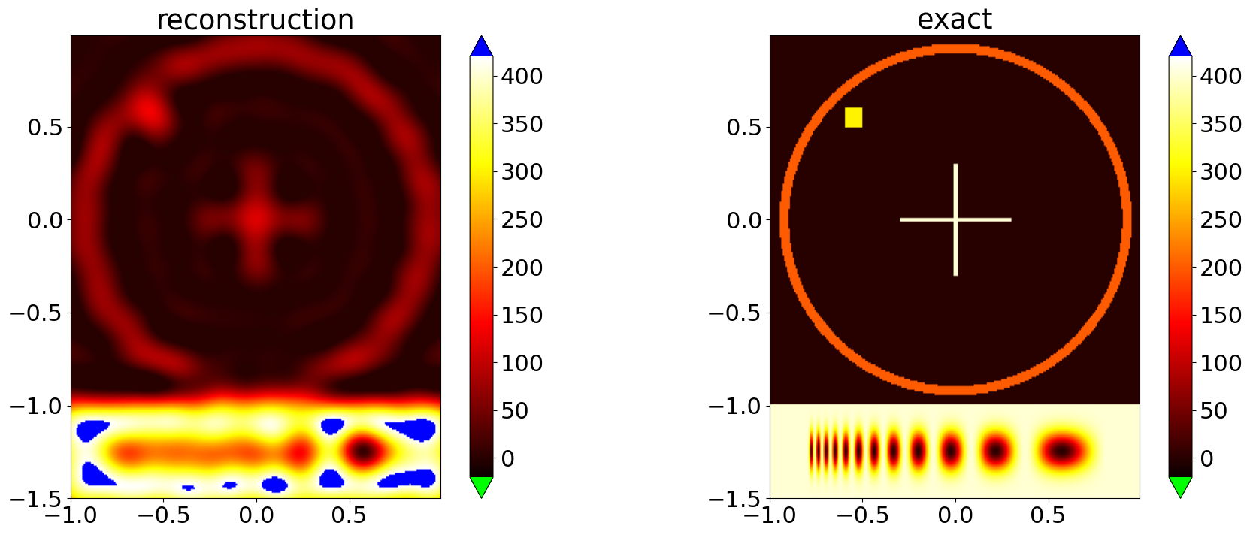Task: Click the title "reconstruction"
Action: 255,19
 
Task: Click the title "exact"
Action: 954,19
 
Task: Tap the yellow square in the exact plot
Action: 853,117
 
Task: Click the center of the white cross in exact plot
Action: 955,219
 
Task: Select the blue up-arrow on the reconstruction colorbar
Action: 481,47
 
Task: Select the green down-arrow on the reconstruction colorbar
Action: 481,486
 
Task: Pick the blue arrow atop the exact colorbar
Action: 1180,47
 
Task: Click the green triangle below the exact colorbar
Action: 1180,486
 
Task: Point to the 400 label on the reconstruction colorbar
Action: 522,76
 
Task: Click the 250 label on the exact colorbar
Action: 1221,219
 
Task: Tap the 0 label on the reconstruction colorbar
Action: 508,458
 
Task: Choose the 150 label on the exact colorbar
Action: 1221,315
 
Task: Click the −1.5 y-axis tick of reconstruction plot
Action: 37,499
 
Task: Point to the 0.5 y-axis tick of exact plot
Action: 743,127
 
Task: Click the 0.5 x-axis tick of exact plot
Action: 1048,515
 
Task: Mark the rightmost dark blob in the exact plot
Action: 1062,451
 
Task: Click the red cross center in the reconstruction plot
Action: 256,218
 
